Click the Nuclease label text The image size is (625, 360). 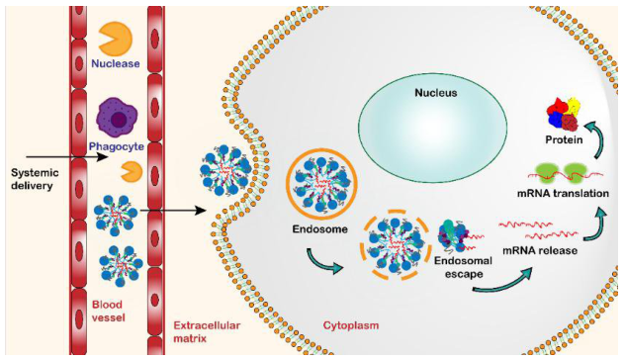click(x=116, y=64)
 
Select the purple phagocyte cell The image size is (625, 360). click(x=117, y=120)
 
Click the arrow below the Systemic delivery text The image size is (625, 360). click(x=59, y=156)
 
